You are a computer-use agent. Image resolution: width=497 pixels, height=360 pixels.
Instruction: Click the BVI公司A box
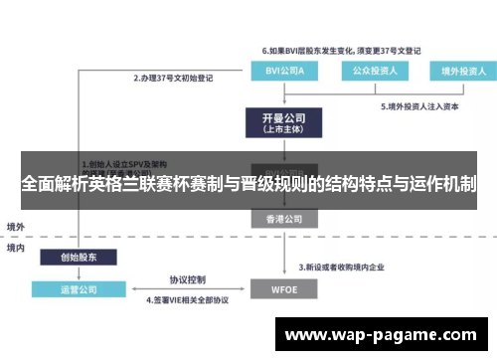click(x=280, y=71)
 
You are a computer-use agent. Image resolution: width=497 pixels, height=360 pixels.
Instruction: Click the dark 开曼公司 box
click(x=280, y=123)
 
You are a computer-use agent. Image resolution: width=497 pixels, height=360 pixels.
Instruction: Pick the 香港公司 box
click(x=280, y=219)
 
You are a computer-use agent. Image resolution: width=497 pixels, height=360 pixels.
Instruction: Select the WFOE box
click(x=280, y=289)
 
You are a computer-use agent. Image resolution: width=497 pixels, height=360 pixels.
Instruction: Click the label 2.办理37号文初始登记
click(x=175, y=77)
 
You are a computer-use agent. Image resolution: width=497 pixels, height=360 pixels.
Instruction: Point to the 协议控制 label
click(x=186, y=279)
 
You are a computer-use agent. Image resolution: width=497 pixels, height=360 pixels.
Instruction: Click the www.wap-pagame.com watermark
click(x=382, y=335)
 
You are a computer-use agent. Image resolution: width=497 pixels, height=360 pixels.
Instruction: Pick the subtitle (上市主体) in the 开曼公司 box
click(x=280, y=129)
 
